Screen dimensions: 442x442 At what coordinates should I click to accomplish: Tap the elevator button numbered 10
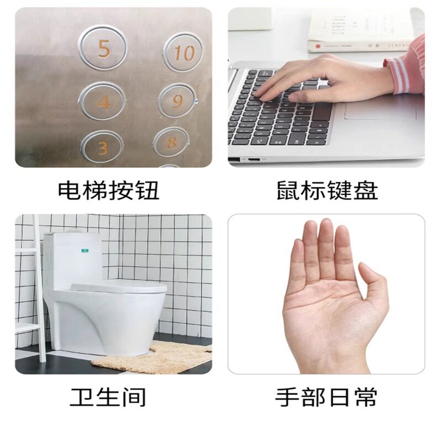click(x=182, y=52)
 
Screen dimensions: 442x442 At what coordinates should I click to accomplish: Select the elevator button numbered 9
click(x=177, y=101)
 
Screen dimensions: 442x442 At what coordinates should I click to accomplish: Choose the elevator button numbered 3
click(x=102, y=147)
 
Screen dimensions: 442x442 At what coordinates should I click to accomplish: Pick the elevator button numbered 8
click(x=172, y=143)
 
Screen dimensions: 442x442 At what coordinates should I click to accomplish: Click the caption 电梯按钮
click(x=109, y=191)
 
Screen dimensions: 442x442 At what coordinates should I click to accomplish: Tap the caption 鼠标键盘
click(x=327, y=191)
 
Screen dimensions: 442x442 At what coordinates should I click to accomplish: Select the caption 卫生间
click(x=108, y=396)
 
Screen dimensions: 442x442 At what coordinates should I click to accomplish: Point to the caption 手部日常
click(x=327, y=396)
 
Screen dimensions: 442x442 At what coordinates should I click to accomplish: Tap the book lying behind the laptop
click(x=359, y=30)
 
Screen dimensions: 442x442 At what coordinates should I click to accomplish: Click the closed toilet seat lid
click(x=119, y=287)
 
